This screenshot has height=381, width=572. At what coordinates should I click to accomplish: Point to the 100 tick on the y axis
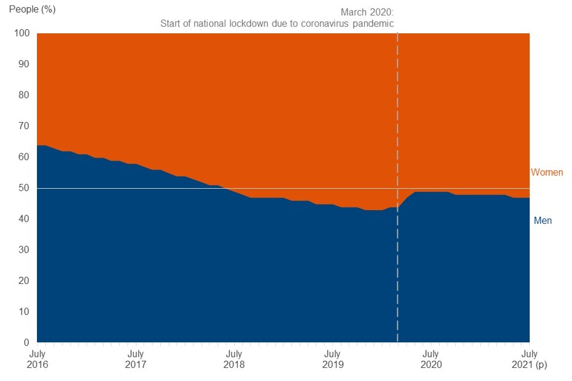pyautogui.click(x=22, y=33)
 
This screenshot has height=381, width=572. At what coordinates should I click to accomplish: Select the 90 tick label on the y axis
pyautogui.click(x=24, y=64)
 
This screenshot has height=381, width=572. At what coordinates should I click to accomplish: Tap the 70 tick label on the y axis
pyautogui.click(x=24, y=126)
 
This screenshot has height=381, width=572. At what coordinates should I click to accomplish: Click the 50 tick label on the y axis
pyautogui.click(x=24, y=188)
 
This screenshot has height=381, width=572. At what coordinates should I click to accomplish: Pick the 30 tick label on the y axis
pyautogui.click(x=24, y=250)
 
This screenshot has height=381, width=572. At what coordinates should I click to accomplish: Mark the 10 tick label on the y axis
pyautogui.click(x=24, y=312)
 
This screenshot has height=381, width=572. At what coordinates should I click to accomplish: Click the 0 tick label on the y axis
pyautogui.click(x=26, y=343)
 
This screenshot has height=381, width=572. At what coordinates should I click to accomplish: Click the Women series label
pyautogui.click(x=547, y=173)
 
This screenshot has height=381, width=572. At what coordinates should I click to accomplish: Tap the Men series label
pyautogui.click(x=542, y=221)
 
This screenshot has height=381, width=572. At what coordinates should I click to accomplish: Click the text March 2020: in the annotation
pyautogui.click(x=367, y=12)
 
